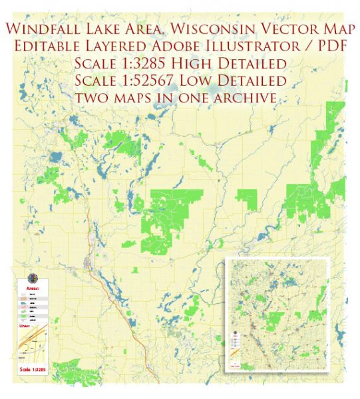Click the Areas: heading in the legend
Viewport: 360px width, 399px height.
(33, 289)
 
